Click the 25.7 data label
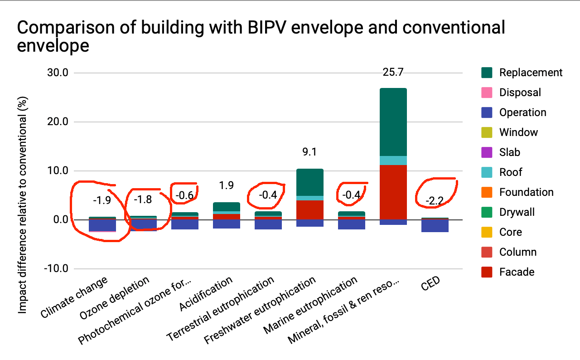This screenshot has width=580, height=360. [x=393, y=72]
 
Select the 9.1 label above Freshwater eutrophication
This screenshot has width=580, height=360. [x=309, y=152]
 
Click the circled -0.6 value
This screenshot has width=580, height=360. [x=185, y=196]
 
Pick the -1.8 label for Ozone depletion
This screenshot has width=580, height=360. [x=143, y=199]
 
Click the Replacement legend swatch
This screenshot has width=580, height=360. [x=487, y=73]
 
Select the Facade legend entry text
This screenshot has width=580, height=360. [x=517, y=272]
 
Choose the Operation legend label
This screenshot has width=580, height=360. [x=522, y=112]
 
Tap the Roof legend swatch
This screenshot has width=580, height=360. [x=487, y=172]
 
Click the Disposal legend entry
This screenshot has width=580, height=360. [x=520, y=92]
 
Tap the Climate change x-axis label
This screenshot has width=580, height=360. [x=75, y=297]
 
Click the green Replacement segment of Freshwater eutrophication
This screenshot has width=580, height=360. [x=309, y=182]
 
